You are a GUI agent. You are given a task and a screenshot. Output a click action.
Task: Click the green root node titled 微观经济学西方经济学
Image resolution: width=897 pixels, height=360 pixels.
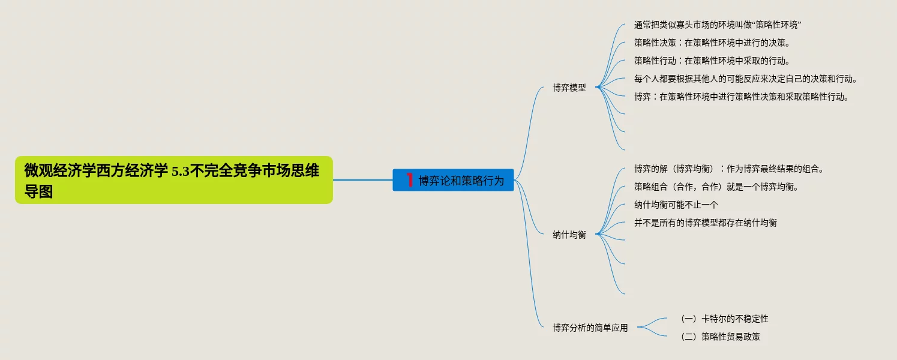click(173, 180)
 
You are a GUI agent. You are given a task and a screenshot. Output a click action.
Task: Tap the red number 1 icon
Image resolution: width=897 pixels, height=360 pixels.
click(410, 179)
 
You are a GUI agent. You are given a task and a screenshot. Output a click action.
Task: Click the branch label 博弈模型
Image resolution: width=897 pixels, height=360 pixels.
click(569, 88)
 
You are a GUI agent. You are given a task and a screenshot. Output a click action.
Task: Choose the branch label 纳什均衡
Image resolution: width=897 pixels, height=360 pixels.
click(569, 235)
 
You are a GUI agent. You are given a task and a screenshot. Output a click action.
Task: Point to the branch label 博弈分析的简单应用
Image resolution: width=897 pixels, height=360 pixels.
click(590, 328)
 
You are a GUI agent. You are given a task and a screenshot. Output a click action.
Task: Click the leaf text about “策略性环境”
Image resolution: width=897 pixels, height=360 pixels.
click(718, 25)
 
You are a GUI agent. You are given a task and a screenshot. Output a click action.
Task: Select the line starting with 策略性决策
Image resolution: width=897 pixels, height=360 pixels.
click(712, 43)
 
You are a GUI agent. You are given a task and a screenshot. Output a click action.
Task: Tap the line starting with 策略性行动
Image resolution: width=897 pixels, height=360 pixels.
click(712, 61)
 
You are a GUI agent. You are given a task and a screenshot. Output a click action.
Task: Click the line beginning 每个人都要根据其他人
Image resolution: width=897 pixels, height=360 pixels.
click(745, 79)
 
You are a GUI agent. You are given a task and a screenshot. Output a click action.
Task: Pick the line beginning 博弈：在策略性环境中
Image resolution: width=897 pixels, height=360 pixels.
click(742, 97)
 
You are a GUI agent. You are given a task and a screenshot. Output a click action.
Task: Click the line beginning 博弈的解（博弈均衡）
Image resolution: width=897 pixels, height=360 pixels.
click(728, 169)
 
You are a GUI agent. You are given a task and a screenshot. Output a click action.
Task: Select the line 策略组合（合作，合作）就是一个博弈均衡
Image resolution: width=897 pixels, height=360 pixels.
click(716, 187)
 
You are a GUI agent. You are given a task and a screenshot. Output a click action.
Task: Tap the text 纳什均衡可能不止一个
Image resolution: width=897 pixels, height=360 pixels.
click(676, 205)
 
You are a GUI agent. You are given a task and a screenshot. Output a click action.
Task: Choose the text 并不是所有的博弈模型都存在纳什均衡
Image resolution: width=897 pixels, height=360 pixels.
click(705, 223)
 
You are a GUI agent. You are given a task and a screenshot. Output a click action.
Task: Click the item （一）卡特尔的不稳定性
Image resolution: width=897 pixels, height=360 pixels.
click(724, 319)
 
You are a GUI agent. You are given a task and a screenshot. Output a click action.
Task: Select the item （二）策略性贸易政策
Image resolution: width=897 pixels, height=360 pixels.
click(719, 337)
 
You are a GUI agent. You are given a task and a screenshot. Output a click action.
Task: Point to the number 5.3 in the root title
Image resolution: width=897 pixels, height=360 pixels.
click(181, 172)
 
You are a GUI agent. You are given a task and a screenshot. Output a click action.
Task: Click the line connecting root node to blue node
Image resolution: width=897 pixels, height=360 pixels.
click(362, 179)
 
